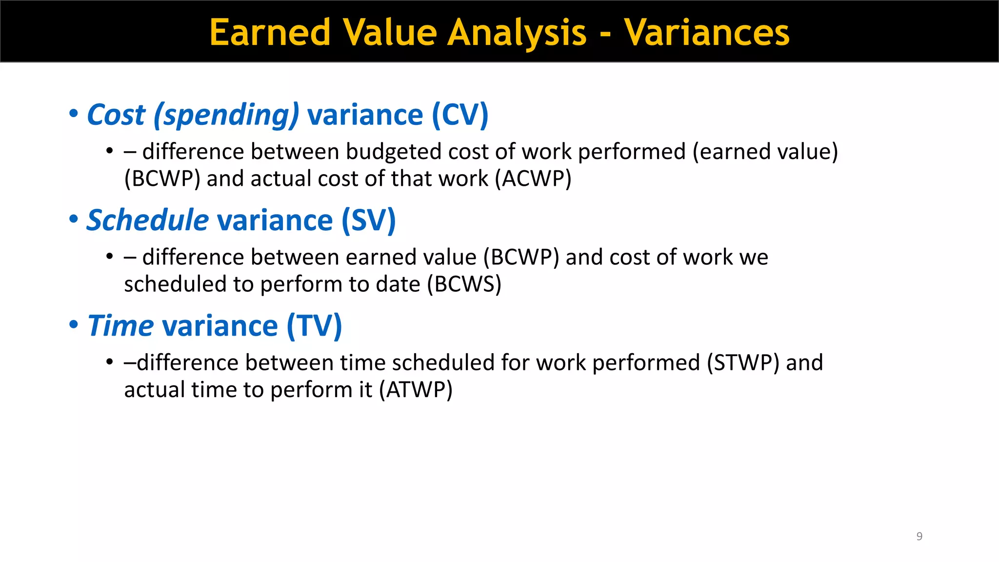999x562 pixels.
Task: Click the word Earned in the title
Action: [x=270, y=33]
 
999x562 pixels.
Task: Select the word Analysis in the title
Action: [x=517, y=33]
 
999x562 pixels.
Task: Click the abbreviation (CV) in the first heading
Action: [x=460, y=115]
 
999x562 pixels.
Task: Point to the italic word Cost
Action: [x=116, y=115]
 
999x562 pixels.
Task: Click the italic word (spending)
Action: [x=226, y=115]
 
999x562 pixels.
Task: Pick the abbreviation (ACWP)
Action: [x=533, y=179]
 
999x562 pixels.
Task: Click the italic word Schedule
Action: [x=148, y=221]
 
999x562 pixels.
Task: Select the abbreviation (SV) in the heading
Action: [x=368, y=221]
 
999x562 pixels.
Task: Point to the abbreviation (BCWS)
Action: [x=464, y=284]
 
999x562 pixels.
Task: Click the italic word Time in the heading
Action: [x=120, y=326]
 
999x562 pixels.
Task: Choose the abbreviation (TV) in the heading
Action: [x=314, y=326]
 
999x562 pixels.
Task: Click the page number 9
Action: [x=919, y=536]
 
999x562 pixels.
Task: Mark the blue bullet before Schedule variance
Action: [x=74, y=219]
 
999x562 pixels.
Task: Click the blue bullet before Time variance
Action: [x=74, y=324]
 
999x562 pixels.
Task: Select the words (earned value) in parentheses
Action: [x=765, y=152]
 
